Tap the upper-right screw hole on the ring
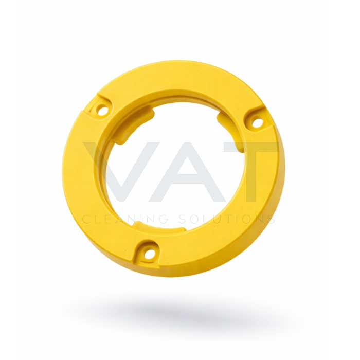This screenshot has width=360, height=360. point(257,122)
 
